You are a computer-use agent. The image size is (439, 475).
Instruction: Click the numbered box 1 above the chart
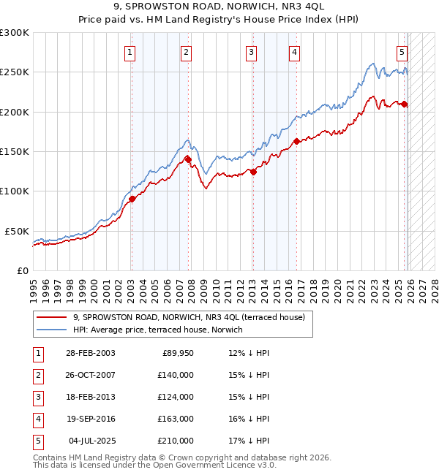click(130, 52)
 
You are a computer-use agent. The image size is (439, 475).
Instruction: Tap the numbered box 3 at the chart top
click(251, 52)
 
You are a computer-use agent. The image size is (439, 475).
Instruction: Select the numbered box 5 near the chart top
click(402, 52)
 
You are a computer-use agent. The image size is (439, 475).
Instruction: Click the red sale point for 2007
click(188, 159)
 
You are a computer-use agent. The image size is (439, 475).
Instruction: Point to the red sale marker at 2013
click(253, 172)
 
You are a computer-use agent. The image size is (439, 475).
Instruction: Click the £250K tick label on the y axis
click(15, 72)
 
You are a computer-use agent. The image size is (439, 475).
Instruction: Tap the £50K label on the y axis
click(17, 231)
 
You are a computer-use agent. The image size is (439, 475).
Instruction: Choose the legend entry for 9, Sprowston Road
click(193, 317)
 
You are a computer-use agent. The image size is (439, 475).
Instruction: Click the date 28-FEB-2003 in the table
click(90, 353)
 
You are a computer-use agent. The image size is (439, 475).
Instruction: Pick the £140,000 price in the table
click(176, 375)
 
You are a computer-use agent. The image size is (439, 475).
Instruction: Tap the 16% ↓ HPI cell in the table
click(249, 419)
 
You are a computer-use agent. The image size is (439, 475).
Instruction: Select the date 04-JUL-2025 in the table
click(91, 441)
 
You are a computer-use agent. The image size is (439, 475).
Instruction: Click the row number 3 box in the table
click(37, 397)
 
